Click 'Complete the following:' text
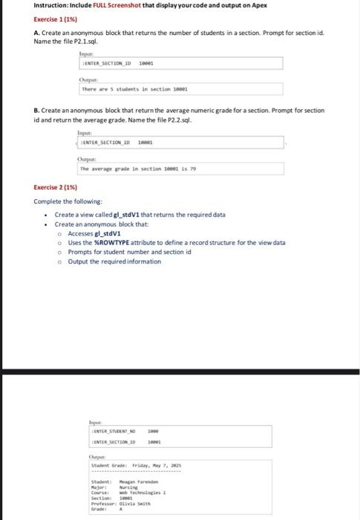(x=68, y=201)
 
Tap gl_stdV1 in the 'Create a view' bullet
(x=125, y=214)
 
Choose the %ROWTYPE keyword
(x=108, y=242)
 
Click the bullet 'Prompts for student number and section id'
(x=120, y=252)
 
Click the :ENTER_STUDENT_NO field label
(x=112, y=431)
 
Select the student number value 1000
(x=154, y=431)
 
